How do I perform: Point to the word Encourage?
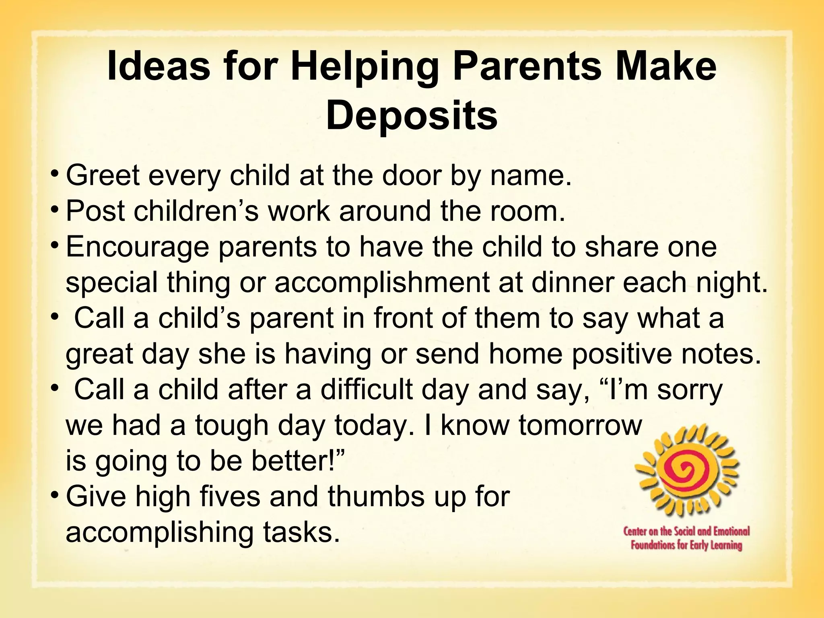tap(137, 248)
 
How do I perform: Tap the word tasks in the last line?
tap(301, 532)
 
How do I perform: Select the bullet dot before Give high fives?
tap(55, 494)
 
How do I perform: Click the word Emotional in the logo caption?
tap(731, 531)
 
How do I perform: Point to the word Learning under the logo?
tap(723, 546)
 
